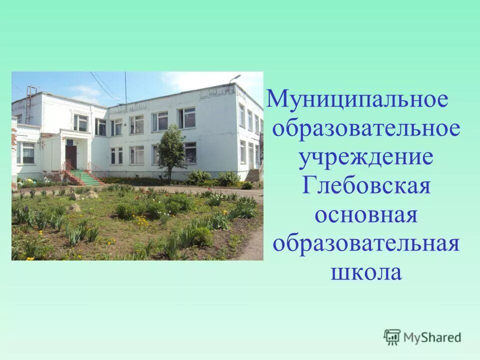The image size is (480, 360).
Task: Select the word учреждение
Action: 365,159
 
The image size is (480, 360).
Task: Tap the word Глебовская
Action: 366,187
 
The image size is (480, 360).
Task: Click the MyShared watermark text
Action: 432,337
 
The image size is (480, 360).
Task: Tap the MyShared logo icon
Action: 392,336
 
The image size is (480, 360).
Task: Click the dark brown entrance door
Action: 71,157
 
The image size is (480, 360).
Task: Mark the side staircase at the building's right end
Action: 253,175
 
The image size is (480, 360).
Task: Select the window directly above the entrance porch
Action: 80,122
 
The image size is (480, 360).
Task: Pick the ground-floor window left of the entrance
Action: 27,153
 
